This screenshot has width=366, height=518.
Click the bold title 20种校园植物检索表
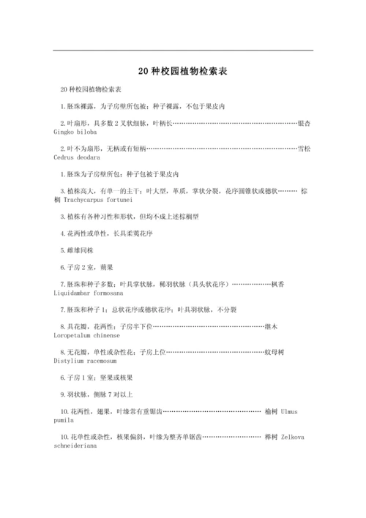click(x=183, y=72)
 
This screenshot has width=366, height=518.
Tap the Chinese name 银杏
click(x=304, y=123)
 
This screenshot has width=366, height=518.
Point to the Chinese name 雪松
click(x=304, y=149)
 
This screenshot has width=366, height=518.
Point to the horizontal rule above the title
click(x=183, y=50)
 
